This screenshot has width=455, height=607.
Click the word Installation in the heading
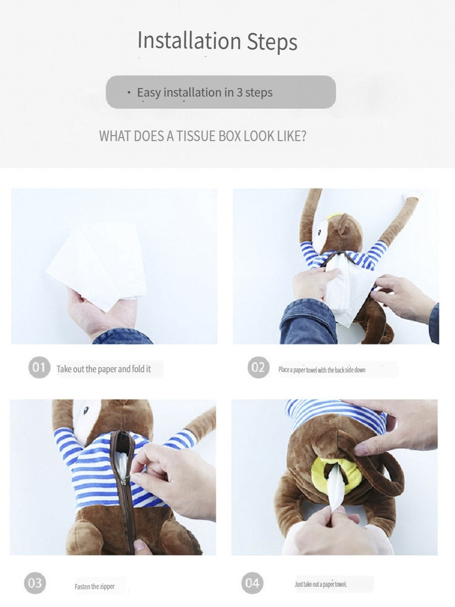189,41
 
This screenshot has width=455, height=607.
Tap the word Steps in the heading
272,42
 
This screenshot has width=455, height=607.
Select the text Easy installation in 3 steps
205,93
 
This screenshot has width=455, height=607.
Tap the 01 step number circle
39,367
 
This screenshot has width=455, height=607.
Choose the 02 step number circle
258,367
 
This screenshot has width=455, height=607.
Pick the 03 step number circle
35,583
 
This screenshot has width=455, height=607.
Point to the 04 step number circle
252,583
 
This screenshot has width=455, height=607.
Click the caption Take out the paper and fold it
104,369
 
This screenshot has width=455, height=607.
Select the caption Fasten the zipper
95,586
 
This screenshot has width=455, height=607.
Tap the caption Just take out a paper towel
321,584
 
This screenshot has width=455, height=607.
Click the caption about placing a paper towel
322,370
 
